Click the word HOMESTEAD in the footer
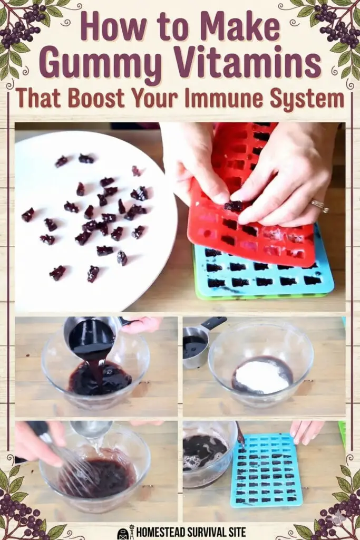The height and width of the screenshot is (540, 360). [160, 532]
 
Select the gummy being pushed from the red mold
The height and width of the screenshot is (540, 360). [233, 206]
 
